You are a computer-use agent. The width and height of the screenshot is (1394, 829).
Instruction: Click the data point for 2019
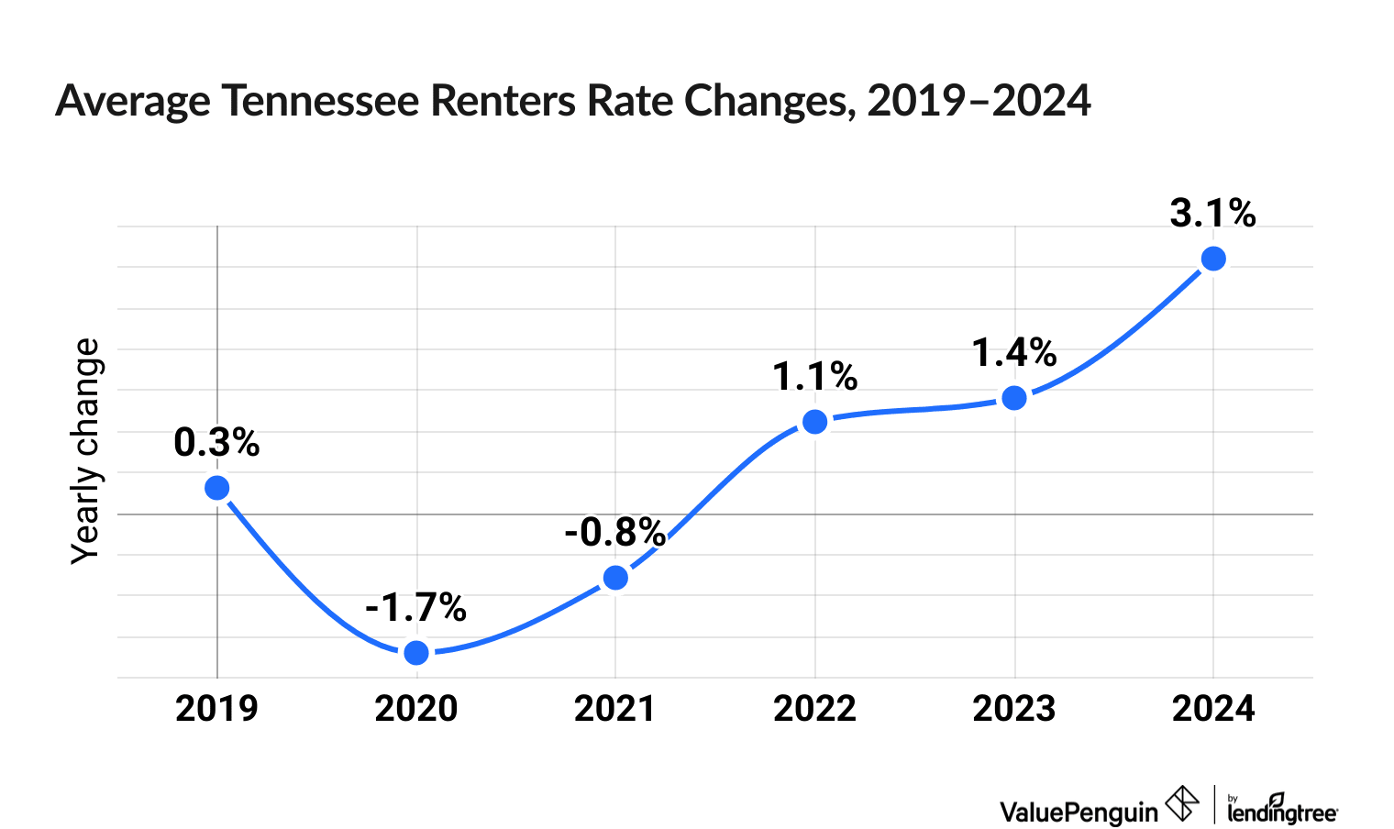216,487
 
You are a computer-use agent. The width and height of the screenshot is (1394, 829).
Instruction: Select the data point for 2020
416,652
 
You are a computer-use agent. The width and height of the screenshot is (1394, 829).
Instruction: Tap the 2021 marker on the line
615,577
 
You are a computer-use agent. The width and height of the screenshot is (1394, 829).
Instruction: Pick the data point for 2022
814,421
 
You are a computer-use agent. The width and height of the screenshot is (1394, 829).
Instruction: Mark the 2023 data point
1014,397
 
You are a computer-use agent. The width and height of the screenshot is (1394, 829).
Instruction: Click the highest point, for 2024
1213,259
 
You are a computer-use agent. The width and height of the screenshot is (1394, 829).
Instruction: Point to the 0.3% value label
216,443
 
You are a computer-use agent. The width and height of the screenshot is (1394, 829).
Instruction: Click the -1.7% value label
415,607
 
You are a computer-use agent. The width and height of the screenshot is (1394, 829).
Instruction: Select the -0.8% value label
614,532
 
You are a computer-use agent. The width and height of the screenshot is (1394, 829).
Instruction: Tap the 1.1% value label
814,376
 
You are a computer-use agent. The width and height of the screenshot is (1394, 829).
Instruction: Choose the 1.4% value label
1014,352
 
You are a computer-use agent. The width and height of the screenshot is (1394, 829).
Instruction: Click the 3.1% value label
1212,214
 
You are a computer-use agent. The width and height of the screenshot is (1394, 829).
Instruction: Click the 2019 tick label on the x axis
216,709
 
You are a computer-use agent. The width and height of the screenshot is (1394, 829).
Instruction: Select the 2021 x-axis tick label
614,709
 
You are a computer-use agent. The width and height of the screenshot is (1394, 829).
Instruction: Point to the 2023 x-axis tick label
1014,709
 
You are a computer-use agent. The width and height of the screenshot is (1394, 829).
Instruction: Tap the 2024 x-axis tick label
1213,709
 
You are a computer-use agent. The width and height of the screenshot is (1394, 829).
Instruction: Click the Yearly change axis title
86,451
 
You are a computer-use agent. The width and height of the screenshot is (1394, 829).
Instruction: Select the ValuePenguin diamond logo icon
1181,804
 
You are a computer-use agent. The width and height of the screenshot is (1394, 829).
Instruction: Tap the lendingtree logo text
1282,810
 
